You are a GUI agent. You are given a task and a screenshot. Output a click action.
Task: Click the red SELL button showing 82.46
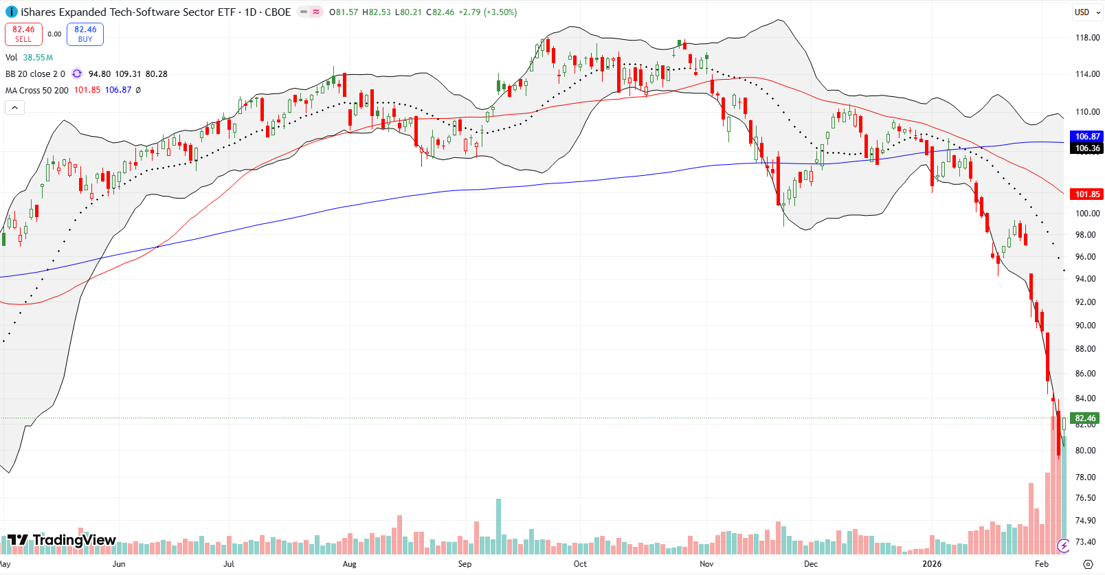click(23, 34)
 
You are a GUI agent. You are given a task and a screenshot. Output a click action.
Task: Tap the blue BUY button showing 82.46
click(85, 34)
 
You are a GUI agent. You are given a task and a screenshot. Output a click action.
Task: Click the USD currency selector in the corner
click(1082, 12)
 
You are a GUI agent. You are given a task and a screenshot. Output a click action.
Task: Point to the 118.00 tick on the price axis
click(1087, 38)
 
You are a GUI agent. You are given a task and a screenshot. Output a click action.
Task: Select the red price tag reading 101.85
click(1087, 194)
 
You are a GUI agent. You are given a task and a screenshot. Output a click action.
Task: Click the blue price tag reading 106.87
click(1087, 137)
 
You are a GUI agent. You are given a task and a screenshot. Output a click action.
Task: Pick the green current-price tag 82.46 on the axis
click(1086, 418)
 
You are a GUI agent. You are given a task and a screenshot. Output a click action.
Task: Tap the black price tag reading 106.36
click(1087, 148)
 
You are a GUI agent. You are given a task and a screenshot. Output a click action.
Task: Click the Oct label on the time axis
click(580, 564)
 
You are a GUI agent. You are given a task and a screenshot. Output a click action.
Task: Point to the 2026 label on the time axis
click(932, 564)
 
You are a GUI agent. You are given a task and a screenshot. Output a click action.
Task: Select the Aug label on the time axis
click(349, 564)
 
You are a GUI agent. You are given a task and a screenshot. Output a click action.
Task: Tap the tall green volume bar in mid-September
click(498, 526)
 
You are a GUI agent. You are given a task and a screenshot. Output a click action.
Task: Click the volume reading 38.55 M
click(38, 58)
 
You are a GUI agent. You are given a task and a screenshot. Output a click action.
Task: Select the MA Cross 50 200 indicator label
click(37, 90)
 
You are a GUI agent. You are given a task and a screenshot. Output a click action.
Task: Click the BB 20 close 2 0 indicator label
click(35, 74)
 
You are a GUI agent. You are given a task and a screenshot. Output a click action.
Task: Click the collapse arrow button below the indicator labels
click(14, 107)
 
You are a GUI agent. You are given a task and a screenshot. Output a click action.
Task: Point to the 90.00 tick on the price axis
click(1086, 326)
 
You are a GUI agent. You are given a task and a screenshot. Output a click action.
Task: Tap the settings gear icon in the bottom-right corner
click(1088, 564)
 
